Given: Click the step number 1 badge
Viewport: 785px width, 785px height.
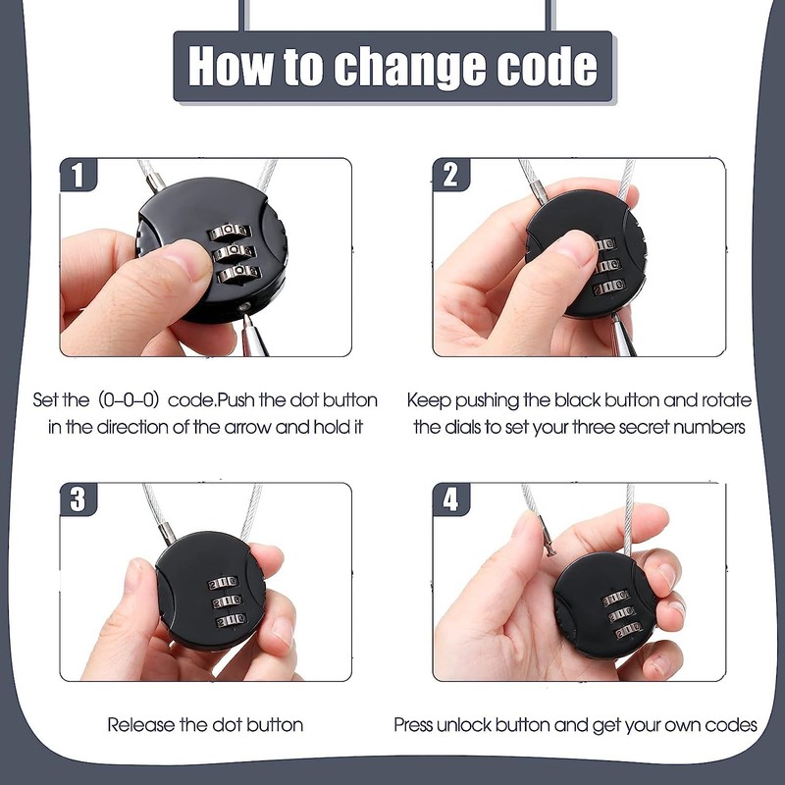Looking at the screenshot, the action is tap(78, 175).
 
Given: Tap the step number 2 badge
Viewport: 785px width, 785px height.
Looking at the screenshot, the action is tap(451, 175).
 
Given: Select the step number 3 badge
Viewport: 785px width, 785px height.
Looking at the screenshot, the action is tap(78, 499).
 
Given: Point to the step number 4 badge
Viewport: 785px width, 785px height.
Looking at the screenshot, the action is tap(451, 499).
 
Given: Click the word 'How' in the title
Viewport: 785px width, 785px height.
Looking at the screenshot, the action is tap(232, 66).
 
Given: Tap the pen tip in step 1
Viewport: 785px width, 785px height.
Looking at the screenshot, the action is tap(247, 317).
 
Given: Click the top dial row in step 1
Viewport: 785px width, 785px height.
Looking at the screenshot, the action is tap(230, 232).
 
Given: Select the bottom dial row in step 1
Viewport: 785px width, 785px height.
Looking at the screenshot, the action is tap(239, 273).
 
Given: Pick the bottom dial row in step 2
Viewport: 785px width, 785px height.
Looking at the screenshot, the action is tap(609, 288).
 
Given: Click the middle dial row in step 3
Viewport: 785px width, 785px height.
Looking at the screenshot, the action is tap(228, 602).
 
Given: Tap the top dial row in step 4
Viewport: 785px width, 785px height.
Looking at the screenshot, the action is tap(615, 598).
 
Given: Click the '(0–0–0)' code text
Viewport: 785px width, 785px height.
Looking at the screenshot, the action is tap(129, 400).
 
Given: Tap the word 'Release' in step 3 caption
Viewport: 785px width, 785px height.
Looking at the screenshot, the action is tap(141, 725).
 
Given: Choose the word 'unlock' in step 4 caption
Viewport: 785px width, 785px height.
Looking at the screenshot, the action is tap(463, 725).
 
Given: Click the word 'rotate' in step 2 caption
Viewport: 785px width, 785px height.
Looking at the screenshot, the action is tap(726, 400).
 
